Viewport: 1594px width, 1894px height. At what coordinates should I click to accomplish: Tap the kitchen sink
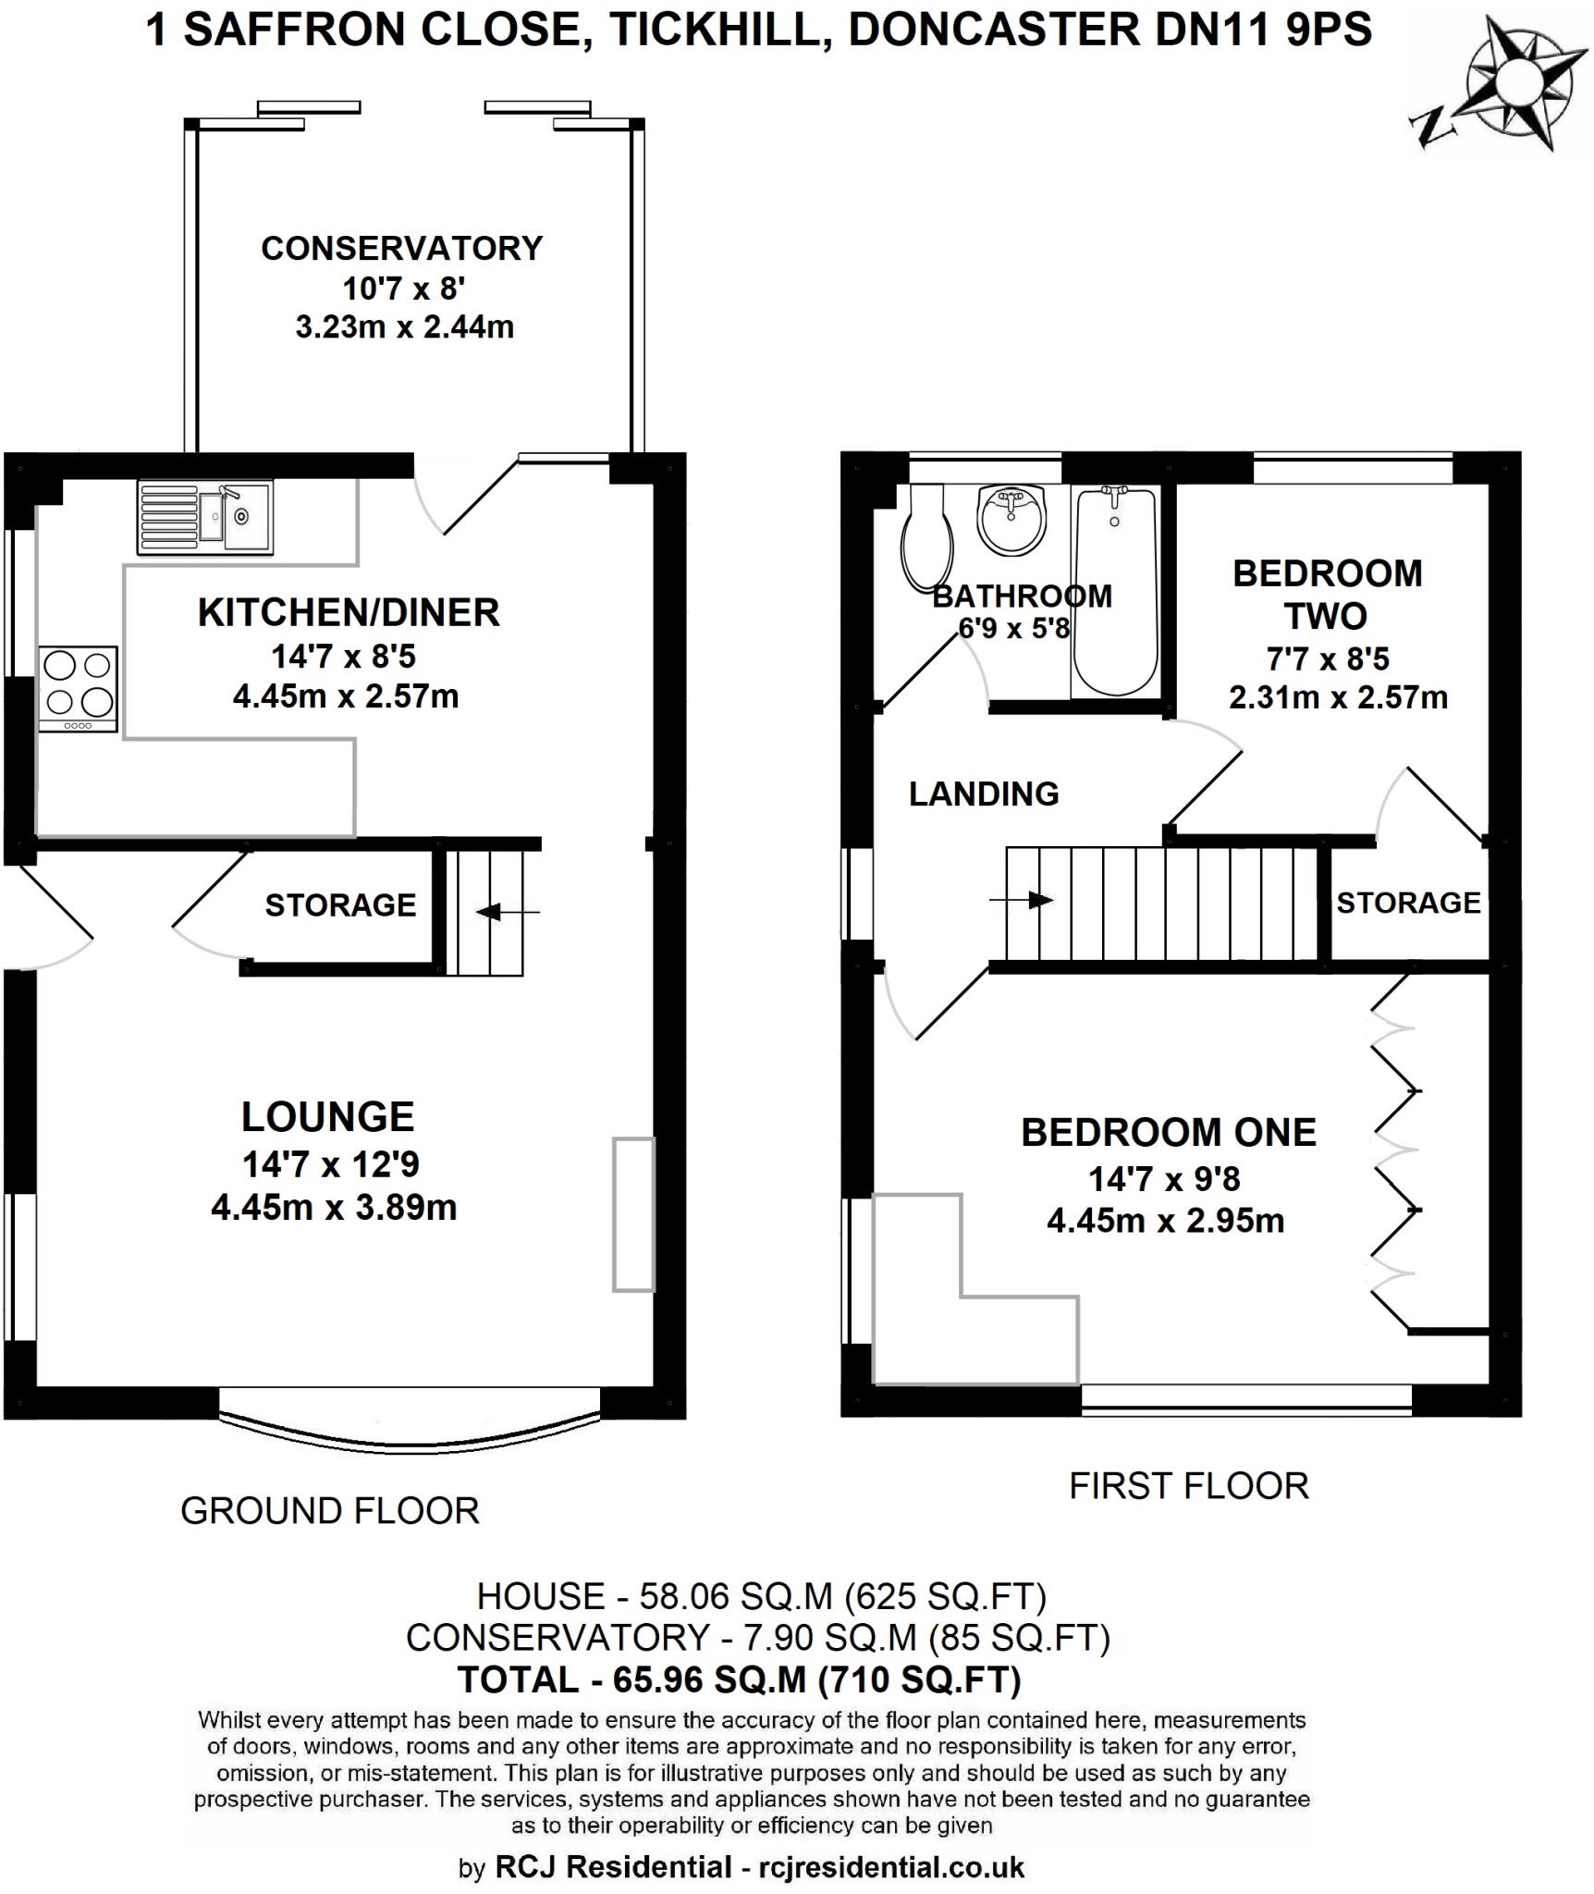(x=205, y=517)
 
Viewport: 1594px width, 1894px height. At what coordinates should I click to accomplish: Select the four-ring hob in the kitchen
(x=79, y=689)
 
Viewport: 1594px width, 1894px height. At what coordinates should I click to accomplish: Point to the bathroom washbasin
(x=1012, y=522)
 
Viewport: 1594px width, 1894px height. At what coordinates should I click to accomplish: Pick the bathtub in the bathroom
(x=1115, y=592)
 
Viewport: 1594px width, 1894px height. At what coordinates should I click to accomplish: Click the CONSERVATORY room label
(x=401, y=249)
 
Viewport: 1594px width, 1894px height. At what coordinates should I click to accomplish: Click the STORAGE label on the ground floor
(x=340, y=904)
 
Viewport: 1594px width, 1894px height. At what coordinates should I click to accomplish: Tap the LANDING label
(x=983, y=793)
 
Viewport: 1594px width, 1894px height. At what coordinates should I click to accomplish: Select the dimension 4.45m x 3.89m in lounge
(x=334, y=1207)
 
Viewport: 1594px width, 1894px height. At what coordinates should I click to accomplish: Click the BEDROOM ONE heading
(x=1168, y=1132)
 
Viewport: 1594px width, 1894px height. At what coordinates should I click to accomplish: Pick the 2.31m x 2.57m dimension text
(x=1337, y=696)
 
